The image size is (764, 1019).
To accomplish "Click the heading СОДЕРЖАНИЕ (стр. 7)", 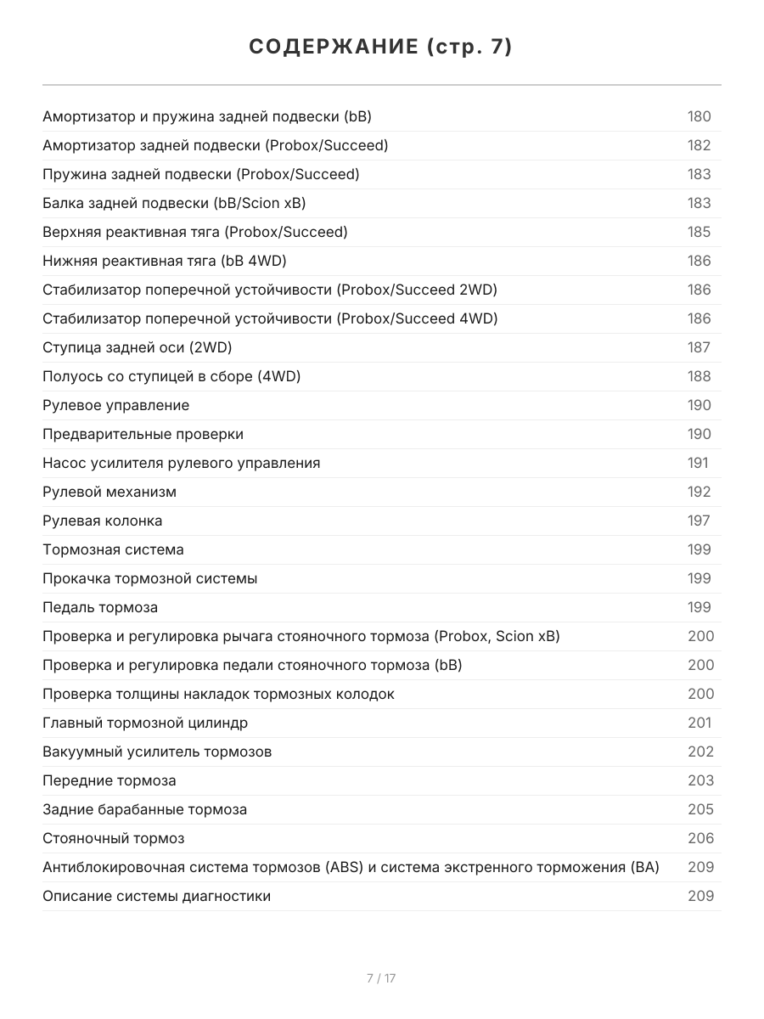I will click(381, 47).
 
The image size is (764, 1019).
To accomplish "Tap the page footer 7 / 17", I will click(381, 978).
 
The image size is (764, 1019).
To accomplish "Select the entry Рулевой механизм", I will click(110, 492).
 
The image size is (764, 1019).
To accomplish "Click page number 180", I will click(699, 116).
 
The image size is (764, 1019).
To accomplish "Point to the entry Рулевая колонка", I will click(102, 521).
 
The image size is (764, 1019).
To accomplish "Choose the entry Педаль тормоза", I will click(100, 607).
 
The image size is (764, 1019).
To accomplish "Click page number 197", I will click(699, 521).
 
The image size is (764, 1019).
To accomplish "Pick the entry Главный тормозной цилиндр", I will click(145, 723).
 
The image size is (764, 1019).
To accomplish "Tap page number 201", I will click(699, 723).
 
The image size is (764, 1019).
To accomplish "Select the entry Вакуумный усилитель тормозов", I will click(157, 752).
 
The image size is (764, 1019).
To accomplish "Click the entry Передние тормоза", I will click(110, 780).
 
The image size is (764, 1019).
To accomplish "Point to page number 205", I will click(700, 809).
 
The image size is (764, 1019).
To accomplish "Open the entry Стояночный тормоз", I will click(113, 838).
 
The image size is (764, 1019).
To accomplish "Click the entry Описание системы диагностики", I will click(156, 896).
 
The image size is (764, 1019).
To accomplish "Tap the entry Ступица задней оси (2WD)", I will click(137, 347).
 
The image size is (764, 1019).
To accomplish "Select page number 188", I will click(699, 376).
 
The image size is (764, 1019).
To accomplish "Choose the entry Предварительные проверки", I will click(143, 434).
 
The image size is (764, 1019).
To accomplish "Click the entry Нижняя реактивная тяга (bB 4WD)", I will click(170, 261).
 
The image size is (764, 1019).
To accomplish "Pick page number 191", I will click(697, 463).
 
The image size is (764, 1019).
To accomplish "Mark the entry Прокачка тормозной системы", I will click(149, 578).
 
